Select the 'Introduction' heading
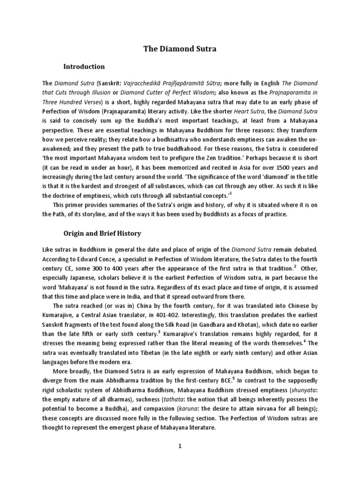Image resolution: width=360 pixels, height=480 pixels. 84,66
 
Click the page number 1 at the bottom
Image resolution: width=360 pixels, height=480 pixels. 180,446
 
